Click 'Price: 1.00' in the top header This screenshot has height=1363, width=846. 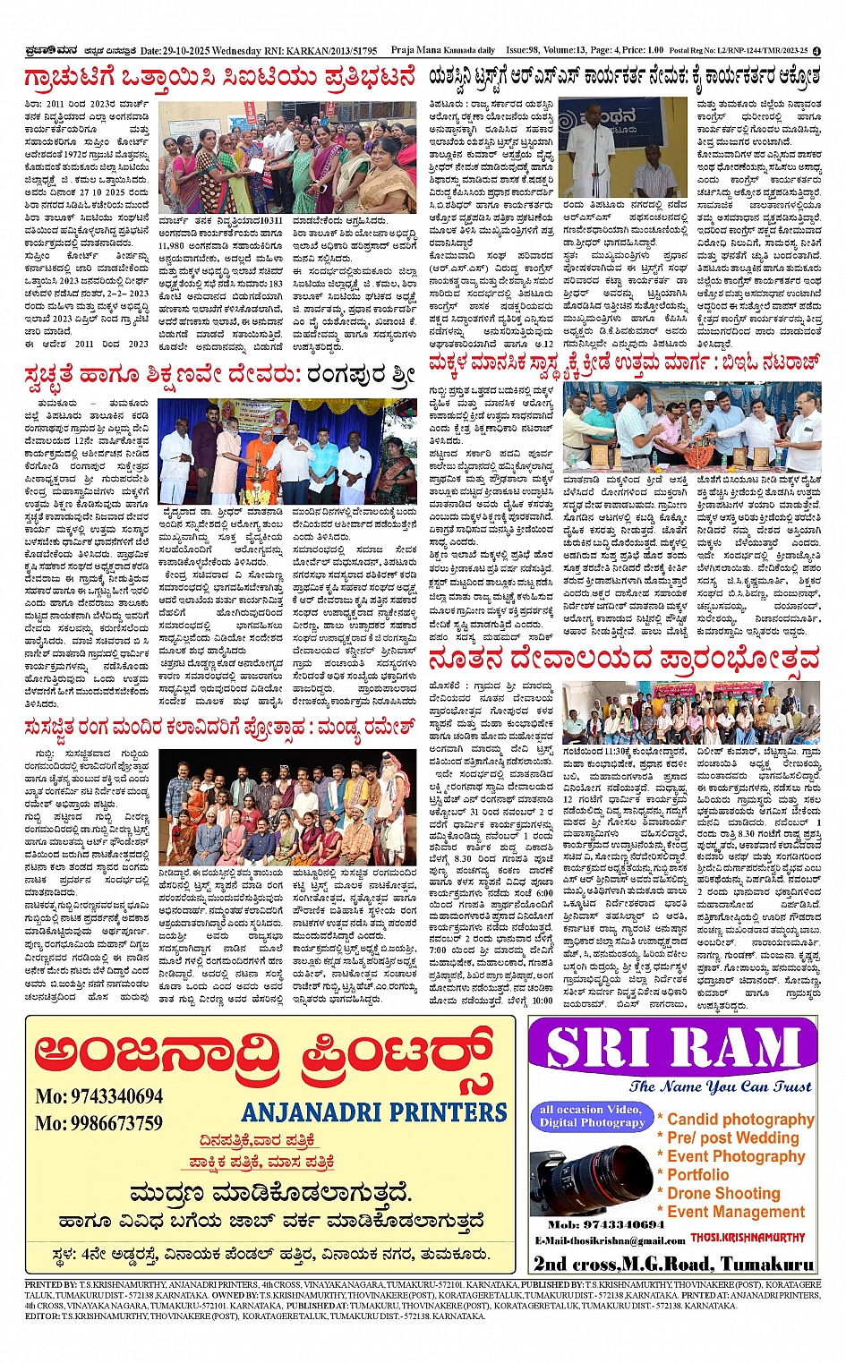642,51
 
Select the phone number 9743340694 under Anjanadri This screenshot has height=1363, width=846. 99,1096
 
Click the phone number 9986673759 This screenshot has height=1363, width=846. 99,1123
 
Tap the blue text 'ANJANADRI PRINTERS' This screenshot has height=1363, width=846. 374,1112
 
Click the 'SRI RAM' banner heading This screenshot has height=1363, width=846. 673,1049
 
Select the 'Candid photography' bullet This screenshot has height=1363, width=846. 739,1119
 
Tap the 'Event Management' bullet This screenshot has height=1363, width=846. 736,1212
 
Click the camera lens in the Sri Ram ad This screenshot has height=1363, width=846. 591,1175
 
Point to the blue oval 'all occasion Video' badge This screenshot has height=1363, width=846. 591,1115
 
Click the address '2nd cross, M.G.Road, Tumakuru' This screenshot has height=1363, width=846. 673,1264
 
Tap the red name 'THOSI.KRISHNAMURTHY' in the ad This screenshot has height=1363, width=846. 748,1238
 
